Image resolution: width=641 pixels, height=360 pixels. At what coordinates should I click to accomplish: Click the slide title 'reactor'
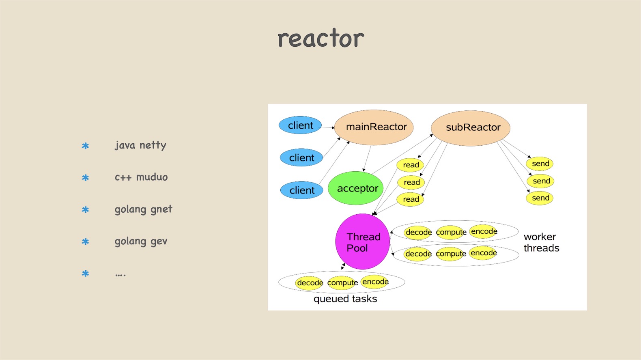point(320,39)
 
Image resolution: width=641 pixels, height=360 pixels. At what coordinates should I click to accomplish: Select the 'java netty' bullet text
point(140,145)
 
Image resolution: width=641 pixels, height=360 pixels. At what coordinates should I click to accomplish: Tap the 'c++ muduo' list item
point(141,177)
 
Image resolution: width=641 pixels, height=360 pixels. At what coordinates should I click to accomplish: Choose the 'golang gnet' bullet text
point(143,209)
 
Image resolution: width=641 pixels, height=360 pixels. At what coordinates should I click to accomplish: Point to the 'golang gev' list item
point(141,241)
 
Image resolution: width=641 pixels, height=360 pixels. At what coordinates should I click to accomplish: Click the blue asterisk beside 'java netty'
point(85,146)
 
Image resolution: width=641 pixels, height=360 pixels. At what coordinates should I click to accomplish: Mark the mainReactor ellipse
point(374,127)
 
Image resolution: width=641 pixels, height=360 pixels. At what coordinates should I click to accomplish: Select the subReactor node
point(471,128)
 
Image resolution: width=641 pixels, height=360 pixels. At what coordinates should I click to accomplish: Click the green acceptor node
point(356,188)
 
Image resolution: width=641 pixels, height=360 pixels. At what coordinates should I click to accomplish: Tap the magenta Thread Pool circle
point(363,242)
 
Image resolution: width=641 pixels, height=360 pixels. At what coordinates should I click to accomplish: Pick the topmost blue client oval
point(300,125)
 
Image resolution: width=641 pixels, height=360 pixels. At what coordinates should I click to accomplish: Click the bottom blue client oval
point(301,190)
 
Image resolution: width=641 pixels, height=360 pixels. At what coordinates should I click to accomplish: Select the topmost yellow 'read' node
point(411,165)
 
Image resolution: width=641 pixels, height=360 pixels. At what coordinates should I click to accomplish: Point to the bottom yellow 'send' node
point(540,198)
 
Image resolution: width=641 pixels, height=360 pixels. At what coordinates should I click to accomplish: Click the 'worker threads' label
point(541,242)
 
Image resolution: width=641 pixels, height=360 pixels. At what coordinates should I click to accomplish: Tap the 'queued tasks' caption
point(345,299)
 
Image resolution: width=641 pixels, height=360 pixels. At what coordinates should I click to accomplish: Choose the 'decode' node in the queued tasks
point(310,282)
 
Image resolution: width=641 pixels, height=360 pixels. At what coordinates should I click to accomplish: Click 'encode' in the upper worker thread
point(484,231)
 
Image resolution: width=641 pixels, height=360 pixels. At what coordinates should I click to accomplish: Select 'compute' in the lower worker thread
point(451,254)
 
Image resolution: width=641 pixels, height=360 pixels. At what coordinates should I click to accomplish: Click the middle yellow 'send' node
point(541,181)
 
